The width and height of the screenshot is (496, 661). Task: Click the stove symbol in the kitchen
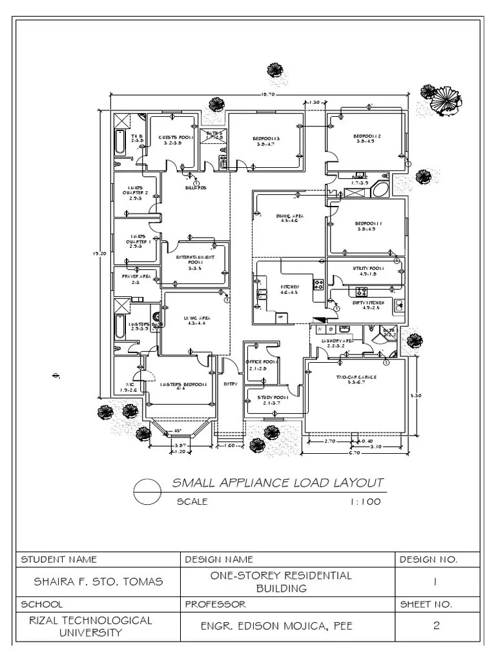(318, 283)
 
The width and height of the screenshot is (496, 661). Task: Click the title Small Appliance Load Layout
(278, 483)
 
